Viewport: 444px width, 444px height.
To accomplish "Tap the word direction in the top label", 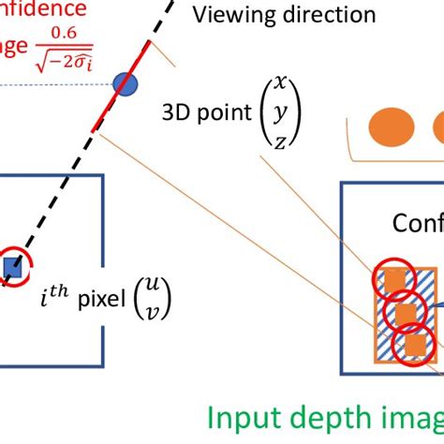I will (x=323, y=15).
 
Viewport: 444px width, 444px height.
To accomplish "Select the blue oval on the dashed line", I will (x=126, y=84).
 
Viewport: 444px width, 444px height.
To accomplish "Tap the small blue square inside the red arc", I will (x=12, y=269).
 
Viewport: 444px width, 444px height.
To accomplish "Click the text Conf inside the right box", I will (x=418, y=224).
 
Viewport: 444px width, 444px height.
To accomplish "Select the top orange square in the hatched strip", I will (x=394, y=278).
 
